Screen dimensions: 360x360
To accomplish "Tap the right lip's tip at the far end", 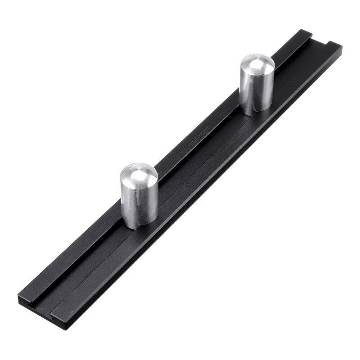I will (x=333, y=44).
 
